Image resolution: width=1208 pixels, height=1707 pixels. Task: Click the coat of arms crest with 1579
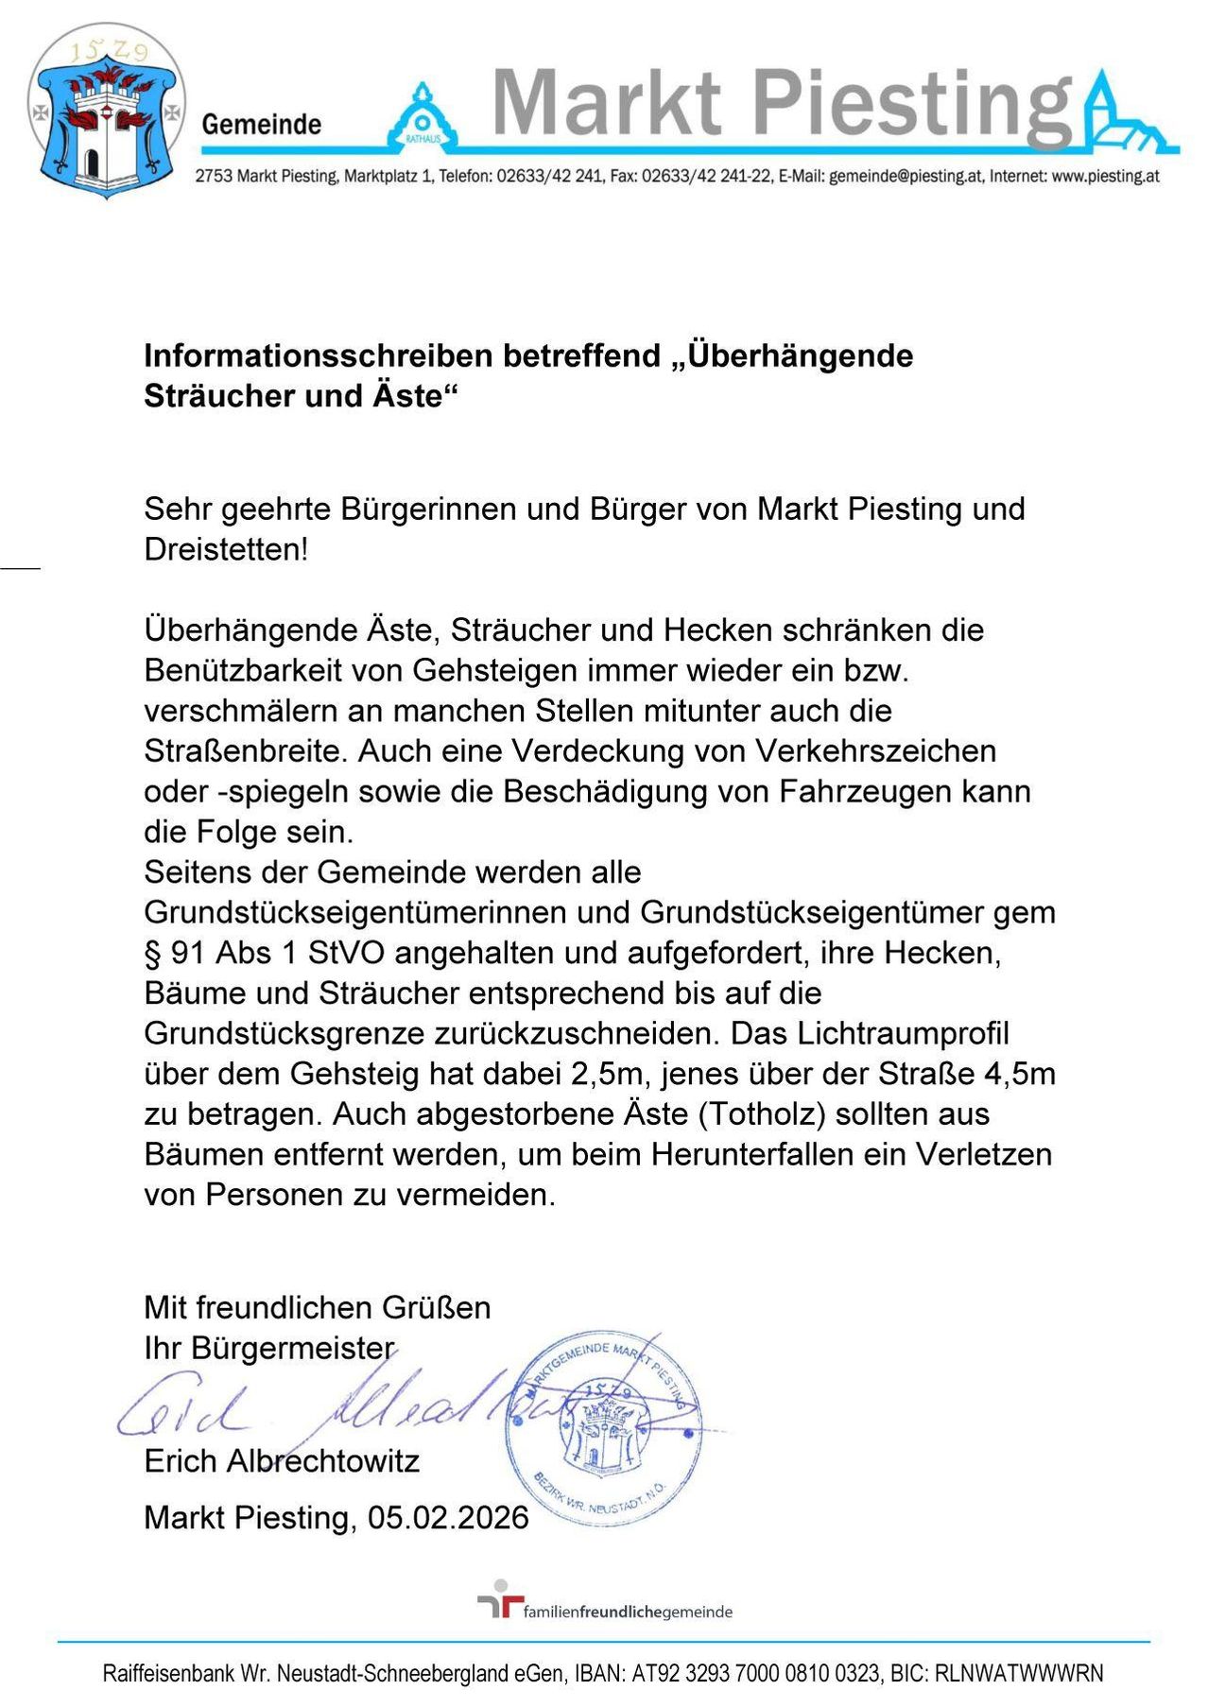tap(106, 112)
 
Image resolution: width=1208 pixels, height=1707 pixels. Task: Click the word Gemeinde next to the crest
tap(262, 124)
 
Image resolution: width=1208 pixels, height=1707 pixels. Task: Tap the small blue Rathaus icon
tap(422, 119)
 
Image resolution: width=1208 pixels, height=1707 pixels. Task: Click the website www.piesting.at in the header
tap(1105, 176)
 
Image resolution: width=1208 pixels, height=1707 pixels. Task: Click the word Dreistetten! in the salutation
tap(226, 549)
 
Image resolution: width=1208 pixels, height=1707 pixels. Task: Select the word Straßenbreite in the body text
tap(247, 750)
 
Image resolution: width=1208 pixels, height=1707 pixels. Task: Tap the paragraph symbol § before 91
tap(153, 953)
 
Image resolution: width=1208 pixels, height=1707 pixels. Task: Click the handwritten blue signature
tap(312, 1407)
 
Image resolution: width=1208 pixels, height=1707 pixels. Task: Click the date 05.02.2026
tap(448, 1518)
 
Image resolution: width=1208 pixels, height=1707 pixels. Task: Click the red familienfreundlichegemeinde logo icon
tap(500, 1601)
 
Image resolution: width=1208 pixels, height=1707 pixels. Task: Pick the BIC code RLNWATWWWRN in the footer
tap(1019, 1674)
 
